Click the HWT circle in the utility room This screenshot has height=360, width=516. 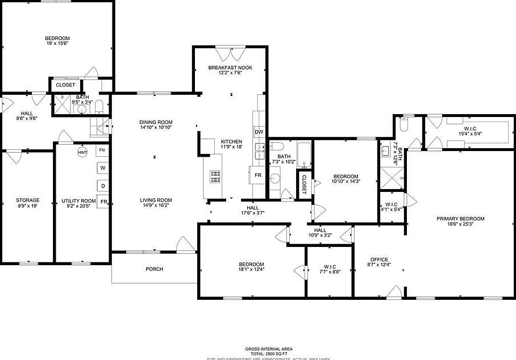pos(83,152)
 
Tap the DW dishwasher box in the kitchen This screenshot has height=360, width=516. pos(259,132)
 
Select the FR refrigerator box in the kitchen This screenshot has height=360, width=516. pos(258,175)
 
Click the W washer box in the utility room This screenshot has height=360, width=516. pos(103,168)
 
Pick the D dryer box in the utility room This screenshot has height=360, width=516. pos(103,186)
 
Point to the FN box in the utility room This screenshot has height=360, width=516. pos(102,150)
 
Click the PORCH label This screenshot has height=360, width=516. pos(154,269)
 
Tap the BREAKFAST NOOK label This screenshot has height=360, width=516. pos(230,68)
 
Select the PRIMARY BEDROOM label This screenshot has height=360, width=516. pos(460,219)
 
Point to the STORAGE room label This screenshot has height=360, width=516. pos(27,200)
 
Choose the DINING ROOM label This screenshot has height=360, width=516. pos(156,122)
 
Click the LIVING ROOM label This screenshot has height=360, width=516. pos(156,200)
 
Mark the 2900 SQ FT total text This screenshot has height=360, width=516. pos(269,353)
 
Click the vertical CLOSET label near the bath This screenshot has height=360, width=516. pos(304,184)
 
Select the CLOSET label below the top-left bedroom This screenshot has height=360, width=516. pos(65,85)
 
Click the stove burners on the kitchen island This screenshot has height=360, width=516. pos(216,177)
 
